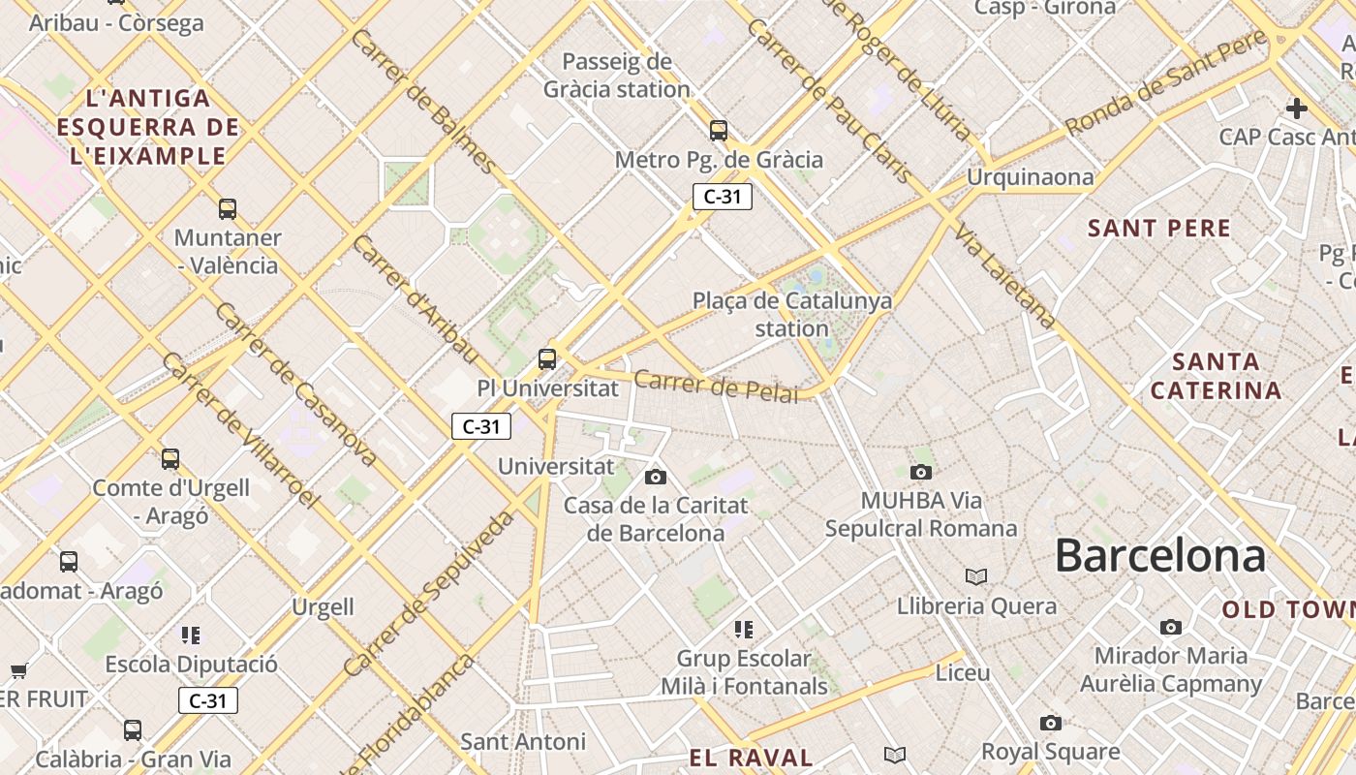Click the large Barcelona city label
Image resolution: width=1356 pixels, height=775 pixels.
1159,556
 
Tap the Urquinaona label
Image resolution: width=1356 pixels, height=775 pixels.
1030,177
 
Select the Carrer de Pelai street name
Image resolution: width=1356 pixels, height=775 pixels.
717,386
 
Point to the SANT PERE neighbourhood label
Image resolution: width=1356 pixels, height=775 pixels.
1159,229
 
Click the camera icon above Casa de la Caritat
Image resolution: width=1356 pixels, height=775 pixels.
656,477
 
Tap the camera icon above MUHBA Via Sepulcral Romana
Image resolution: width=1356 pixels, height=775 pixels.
921,472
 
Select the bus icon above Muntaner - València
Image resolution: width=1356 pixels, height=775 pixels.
228,208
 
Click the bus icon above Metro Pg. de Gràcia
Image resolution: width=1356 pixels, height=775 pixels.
719,130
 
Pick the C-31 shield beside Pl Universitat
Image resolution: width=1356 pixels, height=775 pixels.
481,426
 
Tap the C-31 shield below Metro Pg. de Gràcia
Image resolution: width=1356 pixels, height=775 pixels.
723,197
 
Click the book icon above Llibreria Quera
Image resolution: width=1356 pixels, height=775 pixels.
976,576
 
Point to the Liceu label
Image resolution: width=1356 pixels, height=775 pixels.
963,672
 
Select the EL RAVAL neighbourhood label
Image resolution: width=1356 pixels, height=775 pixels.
751,758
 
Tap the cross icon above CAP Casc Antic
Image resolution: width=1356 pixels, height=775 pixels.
1297,108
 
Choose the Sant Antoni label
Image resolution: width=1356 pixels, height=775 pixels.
523,742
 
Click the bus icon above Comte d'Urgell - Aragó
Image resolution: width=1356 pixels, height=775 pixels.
170,458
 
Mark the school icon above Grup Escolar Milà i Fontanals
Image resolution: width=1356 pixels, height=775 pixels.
744,630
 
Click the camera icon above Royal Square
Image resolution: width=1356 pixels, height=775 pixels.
1051,723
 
